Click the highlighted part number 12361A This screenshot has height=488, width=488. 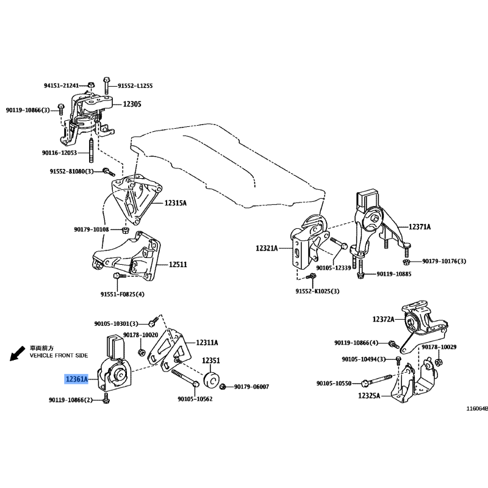click(77, 379)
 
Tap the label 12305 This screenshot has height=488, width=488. click(132, 104)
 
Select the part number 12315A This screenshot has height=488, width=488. click(176, 203)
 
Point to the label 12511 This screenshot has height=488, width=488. click(178, 265)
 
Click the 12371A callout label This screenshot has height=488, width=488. click(420, 227)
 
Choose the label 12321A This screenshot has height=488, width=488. click(267, 248)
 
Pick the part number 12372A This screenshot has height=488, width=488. click(384, 319)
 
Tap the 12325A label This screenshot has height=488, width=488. click(369, 395)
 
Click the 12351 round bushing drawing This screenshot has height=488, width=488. click(212, 379)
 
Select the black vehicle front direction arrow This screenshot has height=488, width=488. click(18, 354)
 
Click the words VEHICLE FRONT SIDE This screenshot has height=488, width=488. click(59, 356)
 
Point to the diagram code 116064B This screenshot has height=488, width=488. click(477, 409)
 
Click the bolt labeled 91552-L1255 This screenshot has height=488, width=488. click(106, 85)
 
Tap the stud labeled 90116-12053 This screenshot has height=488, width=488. click(91, 151)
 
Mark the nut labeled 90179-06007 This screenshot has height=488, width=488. click(223, 387)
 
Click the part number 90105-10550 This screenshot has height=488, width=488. click(334, 384)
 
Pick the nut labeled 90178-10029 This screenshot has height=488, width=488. click(439, 362)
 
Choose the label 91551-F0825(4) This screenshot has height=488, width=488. click(123, 294)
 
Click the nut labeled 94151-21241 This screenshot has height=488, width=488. click(91, 85)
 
